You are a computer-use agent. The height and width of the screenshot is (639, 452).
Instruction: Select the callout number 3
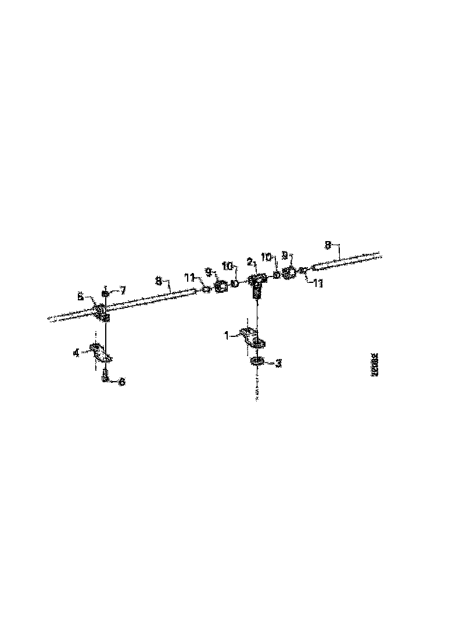coord(278,363)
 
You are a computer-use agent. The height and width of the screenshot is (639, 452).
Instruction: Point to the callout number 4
coord(76,352)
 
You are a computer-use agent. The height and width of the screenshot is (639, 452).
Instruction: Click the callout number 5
coord(80,296)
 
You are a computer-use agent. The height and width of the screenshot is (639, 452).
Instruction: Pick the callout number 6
coord(122,382)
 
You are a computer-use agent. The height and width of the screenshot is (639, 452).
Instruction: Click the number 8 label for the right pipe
coord(329,246)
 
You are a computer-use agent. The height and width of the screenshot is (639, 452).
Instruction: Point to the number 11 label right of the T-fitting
coord(318,283)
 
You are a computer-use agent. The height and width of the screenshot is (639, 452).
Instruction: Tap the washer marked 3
coord(257,362)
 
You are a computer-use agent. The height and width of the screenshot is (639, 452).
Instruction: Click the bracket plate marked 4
coord(101,353)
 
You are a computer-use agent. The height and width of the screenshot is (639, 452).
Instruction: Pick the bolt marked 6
coord(105,378)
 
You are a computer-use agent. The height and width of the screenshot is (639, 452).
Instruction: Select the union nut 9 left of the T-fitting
coord(221,286)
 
